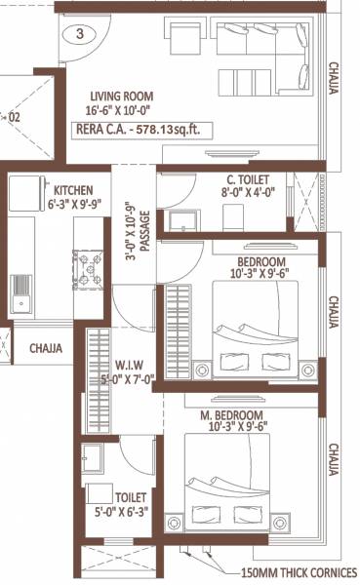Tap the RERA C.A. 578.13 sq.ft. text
coord(142,129)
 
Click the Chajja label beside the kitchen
coord(46,347)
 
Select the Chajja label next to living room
coord(335,77)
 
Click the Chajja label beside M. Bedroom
coord(335,457)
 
